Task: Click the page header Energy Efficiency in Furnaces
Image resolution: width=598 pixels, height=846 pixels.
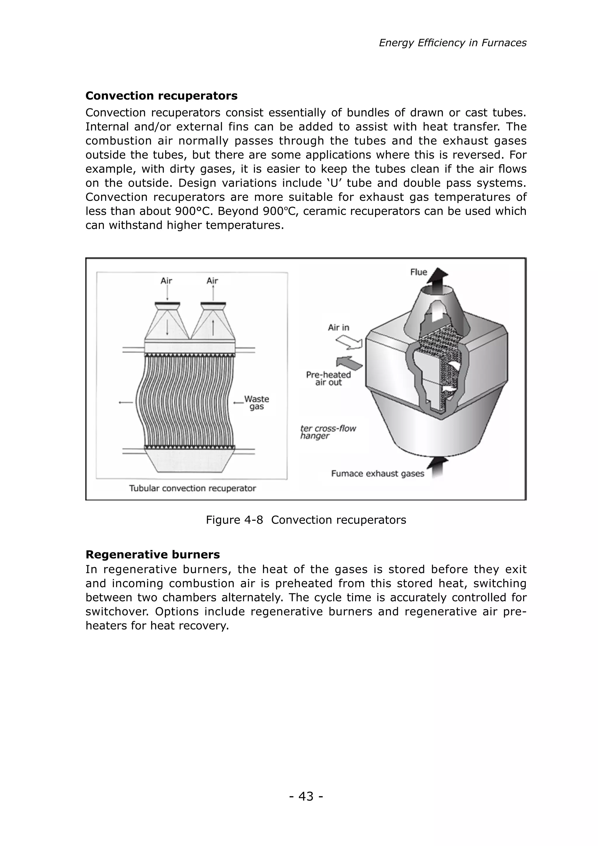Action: [452, 43]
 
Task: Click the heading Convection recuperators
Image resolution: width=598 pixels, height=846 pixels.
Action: [161, 96]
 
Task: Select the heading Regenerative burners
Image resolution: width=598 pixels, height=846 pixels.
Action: [152, 554]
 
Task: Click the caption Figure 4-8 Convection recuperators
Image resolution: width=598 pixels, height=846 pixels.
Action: [306, 520]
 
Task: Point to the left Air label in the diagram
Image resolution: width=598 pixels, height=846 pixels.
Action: [166, 281]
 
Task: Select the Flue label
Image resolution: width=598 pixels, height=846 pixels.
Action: [419, 272]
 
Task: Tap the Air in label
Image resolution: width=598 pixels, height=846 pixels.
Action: [338, 327]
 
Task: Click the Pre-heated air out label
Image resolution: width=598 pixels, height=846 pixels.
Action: [328, 378]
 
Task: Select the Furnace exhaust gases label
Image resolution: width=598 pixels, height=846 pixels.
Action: [378, 474]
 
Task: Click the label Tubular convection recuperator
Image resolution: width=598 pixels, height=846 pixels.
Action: [192, 489]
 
